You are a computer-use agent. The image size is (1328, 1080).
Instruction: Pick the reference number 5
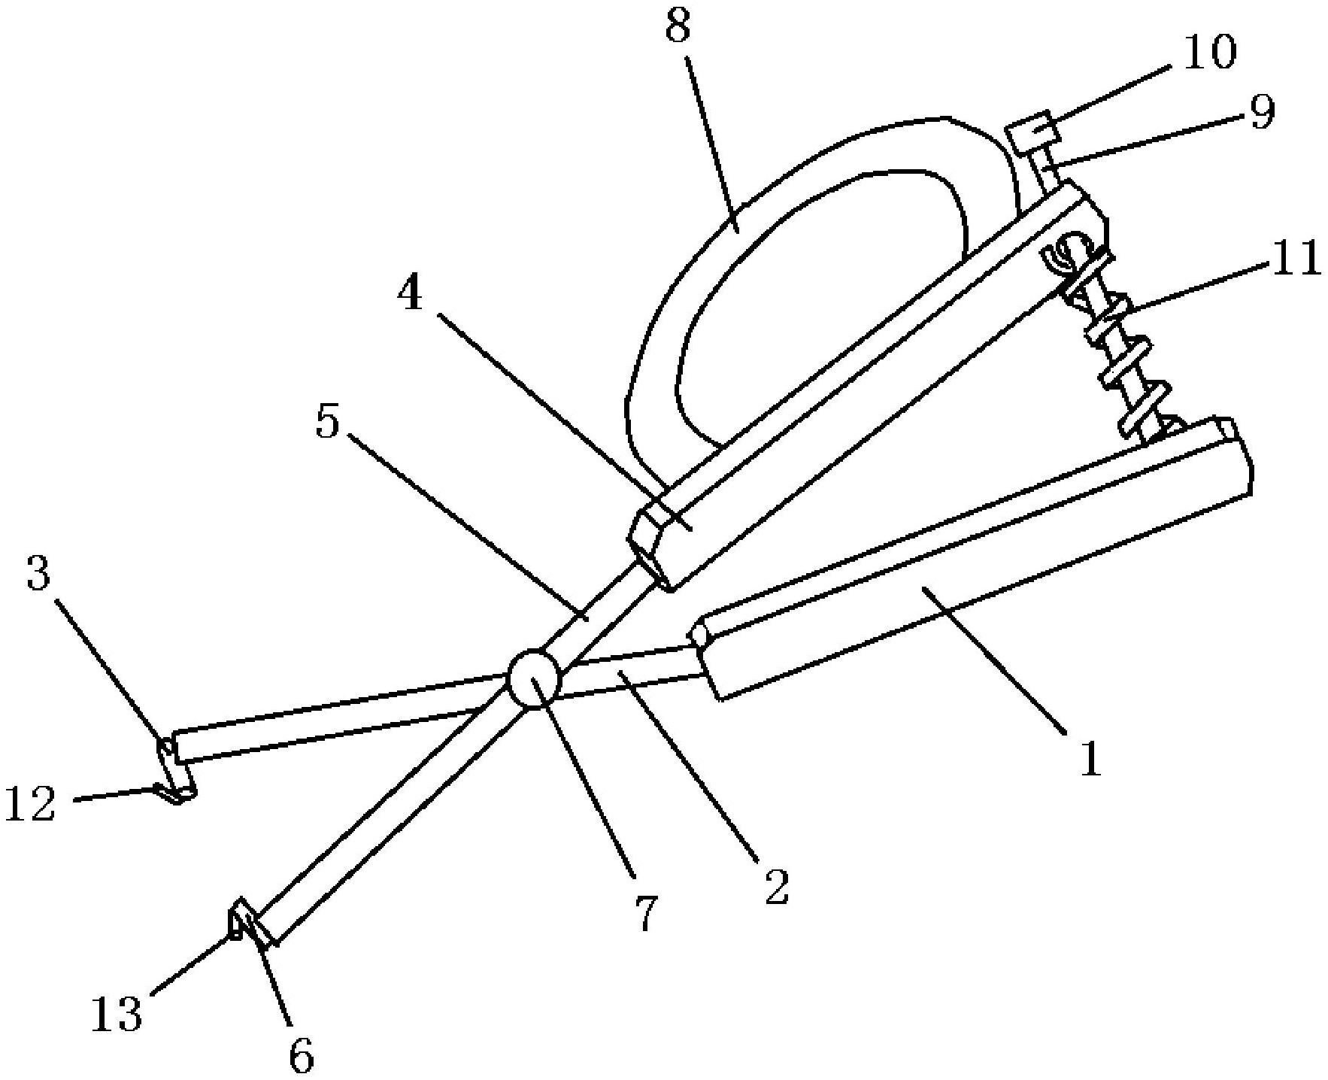coord(327,423)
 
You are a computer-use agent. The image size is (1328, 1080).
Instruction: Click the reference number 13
coord(116,1014)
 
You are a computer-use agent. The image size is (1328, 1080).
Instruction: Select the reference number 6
coord(301,1057)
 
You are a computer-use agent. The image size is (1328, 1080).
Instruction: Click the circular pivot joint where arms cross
coord(534,678)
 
